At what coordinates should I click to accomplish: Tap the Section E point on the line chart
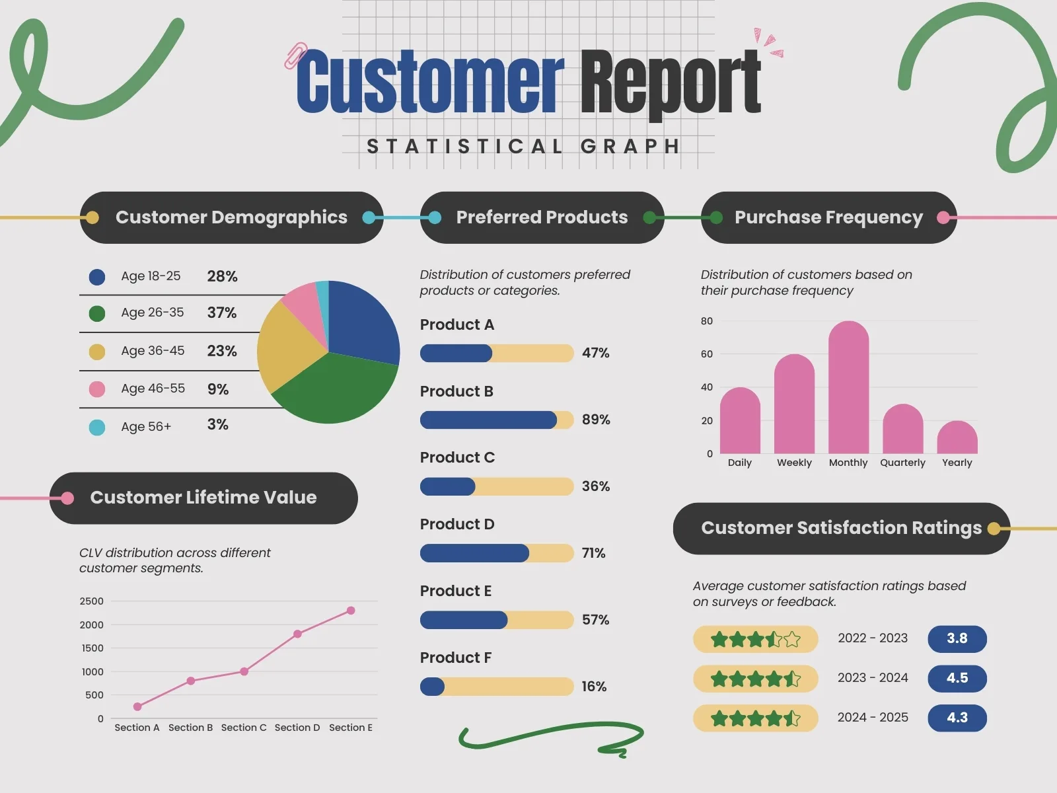[351, 611]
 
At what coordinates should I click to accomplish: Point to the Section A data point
[137, 706]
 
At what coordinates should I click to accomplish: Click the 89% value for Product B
[595, 420]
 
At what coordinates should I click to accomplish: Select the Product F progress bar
[496, 687]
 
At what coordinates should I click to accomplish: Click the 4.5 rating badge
[957, 678]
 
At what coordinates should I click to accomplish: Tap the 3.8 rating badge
[957, 638]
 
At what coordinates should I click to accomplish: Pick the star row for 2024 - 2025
[755, 718]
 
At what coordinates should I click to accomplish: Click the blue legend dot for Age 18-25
[97, 277]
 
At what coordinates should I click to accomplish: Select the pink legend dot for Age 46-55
[97, 389]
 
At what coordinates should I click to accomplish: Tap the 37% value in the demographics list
[221, 313]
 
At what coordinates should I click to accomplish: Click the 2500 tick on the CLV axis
[91, 601]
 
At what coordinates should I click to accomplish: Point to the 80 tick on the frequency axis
[706, 321]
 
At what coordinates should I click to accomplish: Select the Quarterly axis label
[902, 463]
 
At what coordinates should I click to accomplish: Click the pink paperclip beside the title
[295, 56]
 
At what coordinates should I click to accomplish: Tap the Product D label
[457, 524]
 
